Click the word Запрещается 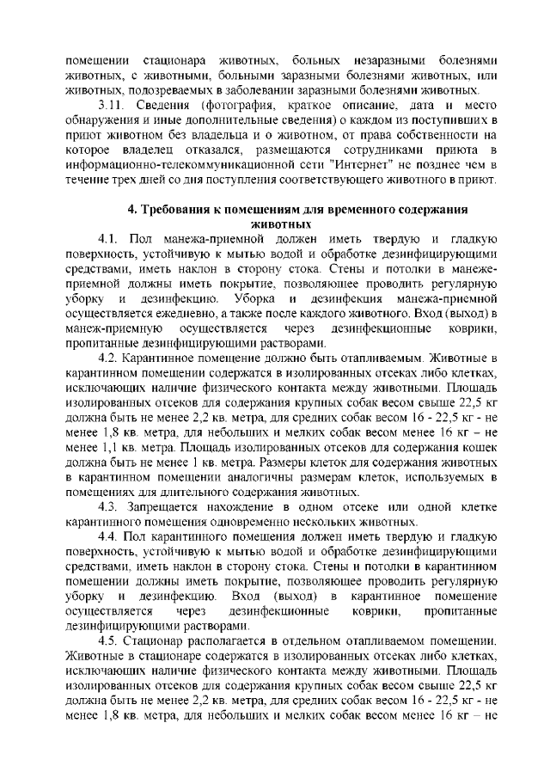point(172,507)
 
